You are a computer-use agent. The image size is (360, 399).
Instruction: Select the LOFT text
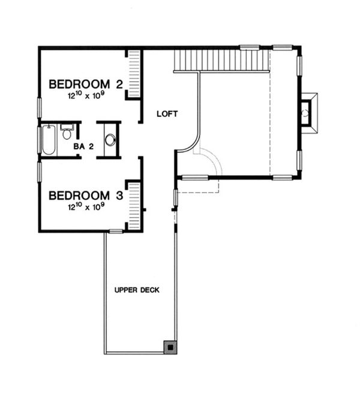[x=167, y=113]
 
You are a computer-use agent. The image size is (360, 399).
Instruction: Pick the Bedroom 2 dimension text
[x=86, y=95]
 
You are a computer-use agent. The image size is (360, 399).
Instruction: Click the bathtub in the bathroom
[x=49, y=140]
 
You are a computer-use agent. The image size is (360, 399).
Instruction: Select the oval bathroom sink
[x=110, y=140]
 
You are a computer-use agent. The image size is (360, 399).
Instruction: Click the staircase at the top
[x=220, y=60]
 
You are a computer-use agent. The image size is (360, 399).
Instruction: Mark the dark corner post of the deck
[x=170, y=347]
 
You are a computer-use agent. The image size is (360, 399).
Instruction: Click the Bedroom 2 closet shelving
[x=134, y=73]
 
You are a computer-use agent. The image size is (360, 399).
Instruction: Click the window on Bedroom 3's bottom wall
[x=116, y=231]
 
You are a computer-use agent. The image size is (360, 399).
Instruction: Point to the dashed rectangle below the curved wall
[x=198, y=185]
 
